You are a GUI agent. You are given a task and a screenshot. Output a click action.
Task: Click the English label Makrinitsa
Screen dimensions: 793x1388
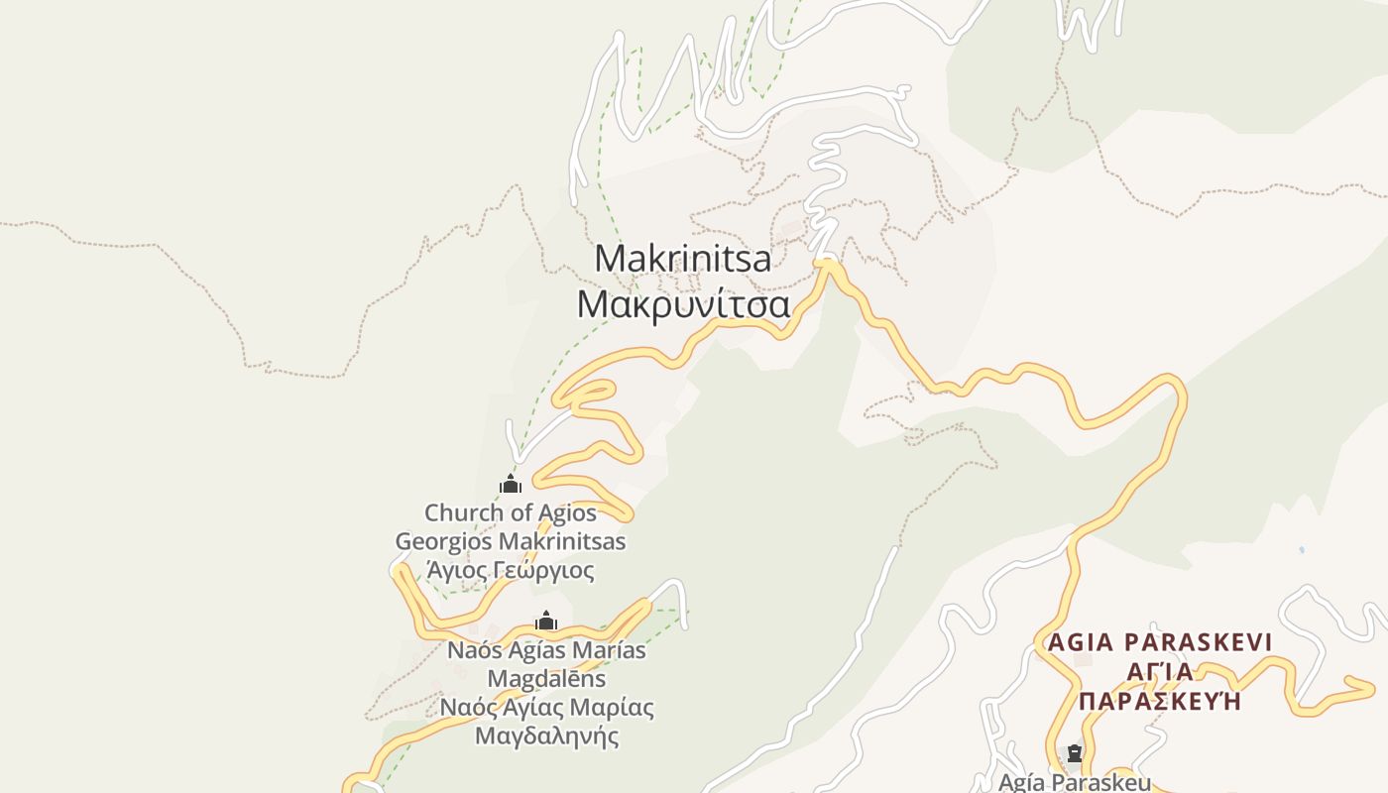[x=683, y=259]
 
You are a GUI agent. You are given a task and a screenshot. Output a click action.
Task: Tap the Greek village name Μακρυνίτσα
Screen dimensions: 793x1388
[x=683, y=304]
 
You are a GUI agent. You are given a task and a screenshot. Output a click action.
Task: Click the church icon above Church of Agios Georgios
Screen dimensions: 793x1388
[x=511, y=484]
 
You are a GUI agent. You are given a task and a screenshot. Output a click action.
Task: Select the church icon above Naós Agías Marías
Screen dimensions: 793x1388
[x=545, y=622]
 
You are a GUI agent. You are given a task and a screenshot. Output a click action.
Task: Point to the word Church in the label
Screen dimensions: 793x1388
[x=464, y=513]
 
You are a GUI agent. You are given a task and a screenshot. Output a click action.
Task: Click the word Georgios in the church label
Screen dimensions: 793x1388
[x=444, y=542]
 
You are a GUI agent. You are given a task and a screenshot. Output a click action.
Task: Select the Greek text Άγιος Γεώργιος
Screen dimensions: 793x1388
[x=511, y=571]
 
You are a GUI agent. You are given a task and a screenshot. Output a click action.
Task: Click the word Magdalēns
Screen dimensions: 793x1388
[x=546, y=679]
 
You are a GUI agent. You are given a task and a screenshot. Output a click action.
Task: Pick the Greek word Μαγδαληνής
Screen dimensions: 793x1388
[x=546, y=736]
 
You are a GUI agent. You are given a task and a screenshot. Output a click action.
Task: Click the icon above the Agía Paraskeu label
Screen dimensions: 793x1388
[x=1074, y=754]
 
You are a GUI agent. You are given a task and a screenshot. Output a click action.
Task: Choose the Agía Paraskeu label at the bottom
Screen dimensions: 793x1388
[x=1075, y=782]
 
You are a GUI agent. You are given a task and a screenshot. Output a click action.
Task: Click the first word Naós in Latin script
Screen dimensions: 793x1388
[x=473, y=650]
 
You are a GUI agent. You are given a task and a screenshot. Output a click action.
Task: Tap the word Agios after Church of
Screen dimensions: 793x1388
[x=568, y=513]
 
